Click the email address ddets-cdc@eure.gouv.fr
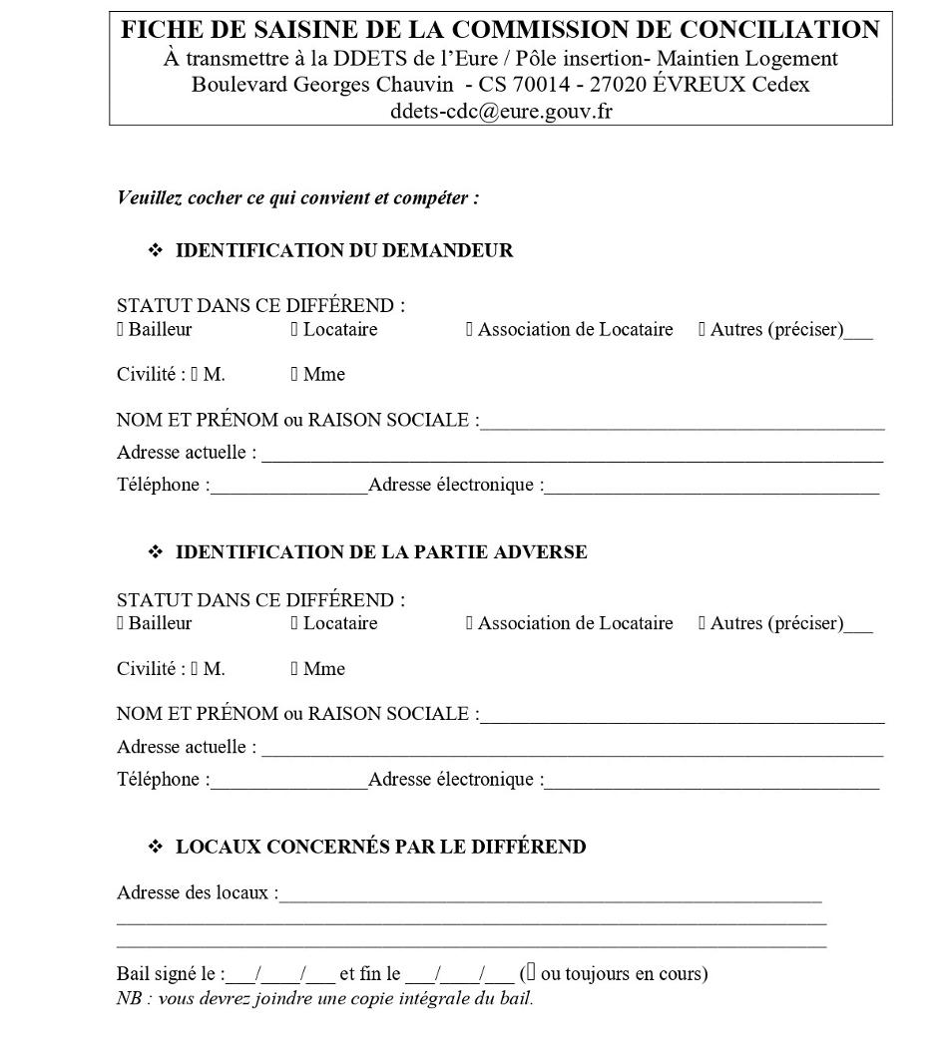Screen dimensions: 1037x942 pyautogui.click(x=501, y=111)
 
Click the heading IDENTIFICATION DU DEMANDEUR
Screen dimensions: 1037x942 pyautogui.click(x=344, y=250)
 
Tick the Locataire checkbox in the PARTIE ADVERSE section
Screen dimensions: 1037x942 pyautogui.click(x=294, y=623)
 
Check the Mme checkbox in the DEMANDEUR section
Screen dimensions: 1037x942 pyautogui.click(x=294, y=374)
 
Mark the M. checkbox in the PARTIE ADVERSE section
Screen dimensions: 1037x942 pyautogui.click(x=196, y=668)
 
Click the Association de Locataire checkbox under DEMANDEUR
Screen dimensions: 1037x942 pyautogui.click(x=469, y=329)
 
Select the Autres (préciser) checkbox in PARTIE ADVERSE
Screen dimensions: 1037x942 pyautogui.click(x=703, y=623)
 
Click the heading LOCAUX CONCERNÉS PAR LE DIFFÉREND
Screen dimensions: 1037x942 pyautogui.click(x=380, y=847)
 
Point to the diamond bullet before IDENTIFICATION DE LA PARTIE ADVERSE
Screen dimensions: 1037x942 pyautogui.click(x=155, y=551)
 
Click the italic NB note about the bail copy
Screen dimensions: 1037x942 pyautogui.click(x=325, y=998)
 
